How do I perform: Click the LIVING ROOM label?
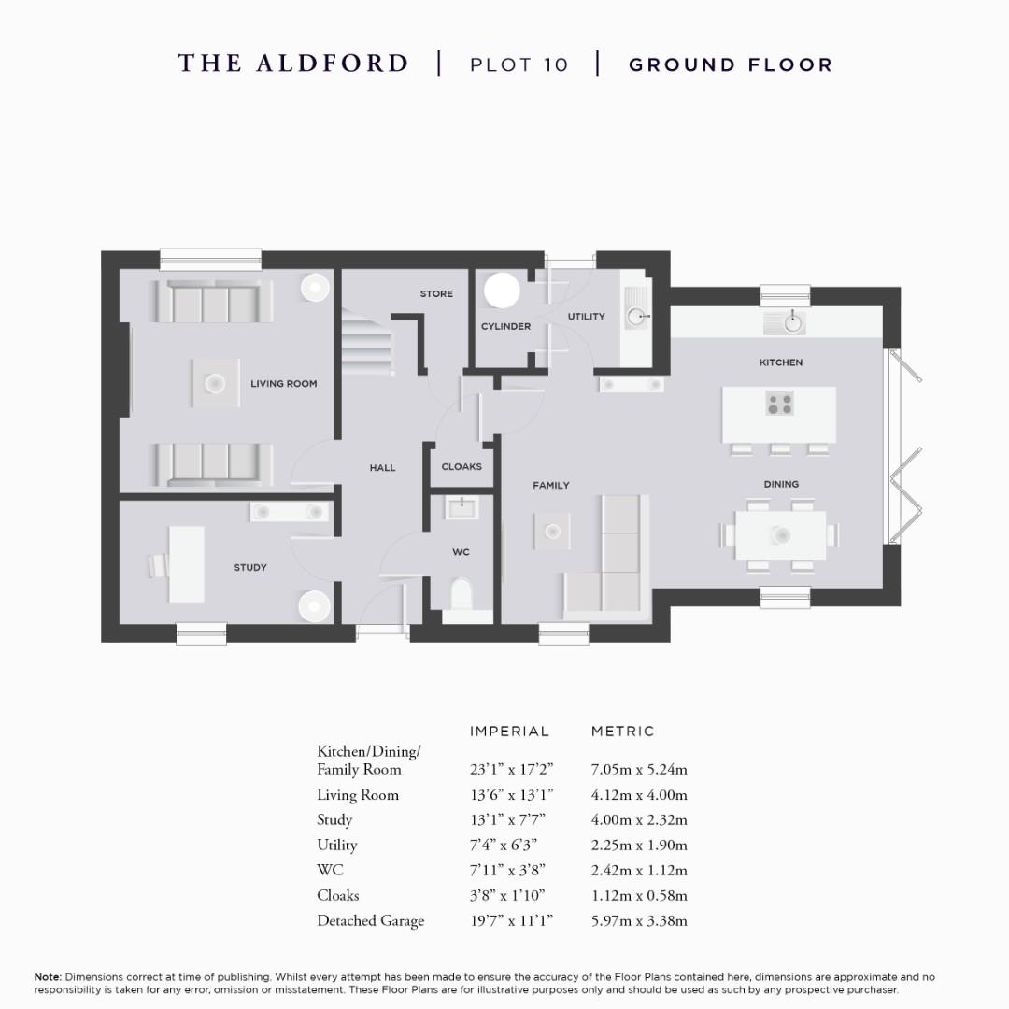pos(283,384)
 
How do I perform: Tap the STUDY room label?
pos(250,568)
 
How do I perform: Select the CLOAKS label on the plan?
pos(462,467)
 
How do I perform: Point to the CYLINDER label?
pos(505,327)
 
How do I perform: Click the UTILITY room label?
pos(586,317)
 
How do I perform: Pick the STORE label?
pos(436,294)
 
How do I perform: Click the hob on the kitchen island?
pos(780,404)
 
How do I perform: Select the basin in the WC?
pos(462,507)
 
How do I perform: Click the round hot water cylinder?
pos(502,290)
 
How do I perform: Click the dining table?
pos(780,535)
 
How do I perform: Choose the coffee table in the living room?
pos(215,383)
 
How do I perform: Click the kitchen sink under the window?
pos(791,323)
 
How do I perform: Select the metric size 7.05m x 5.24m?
pos(639,770)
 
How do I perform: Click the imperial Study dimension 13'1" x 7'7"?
pos(507,820)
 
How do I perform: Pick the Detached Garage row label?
pos(370,921)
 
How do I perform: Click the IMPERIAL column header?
pos(509,732)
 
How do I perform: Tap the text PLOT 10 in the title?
pos(519,64)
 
